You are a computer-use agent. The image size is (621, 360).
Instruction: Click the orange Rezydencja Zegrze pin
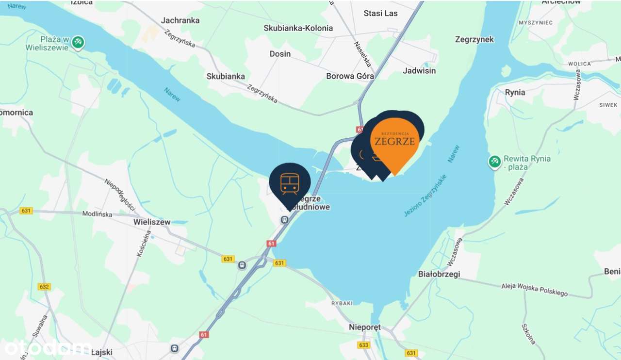coord(395,141)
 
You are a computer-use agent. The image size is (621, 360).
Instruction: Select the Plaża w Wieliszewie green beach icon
coord(78,43)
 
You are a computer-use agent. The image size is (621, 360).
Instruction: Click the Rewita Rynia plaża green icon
coord(494,162)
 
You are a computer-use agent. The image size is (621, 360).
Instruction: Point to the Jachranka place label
coord(180,20)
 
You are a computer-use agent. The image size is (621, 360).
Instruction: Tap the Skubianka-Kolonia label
coord(298,28)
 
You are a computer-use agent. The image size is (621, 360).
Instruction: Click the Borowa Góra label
coord(350,76)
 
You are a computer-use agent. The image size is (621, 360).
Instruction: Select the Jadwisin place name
coord(419,71)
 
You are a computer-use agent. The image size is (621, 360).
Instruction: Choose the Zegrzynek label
coord(474,40)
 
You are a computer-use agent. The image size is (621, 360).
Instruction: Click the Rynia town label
coord(515,92)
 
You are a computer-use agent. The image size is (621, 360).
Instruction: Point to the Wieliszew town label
coord(151,222)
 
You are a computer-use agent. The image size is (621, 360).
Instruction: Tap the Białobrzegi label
coord(439,274)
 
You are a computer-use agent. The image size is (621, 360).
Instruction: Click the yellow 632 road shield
coord(44,287)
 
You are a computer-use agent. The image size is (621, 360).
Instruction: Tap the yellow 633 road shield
coord(363,345)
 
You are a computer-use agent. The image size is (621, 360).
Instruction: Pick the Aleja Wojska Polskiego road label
coord(534,289)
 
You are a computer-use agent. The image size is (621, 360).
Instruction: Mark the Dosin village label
coord(280,54)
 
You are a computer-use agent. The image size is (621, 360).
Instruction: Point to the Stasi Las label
coord(380,13)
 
